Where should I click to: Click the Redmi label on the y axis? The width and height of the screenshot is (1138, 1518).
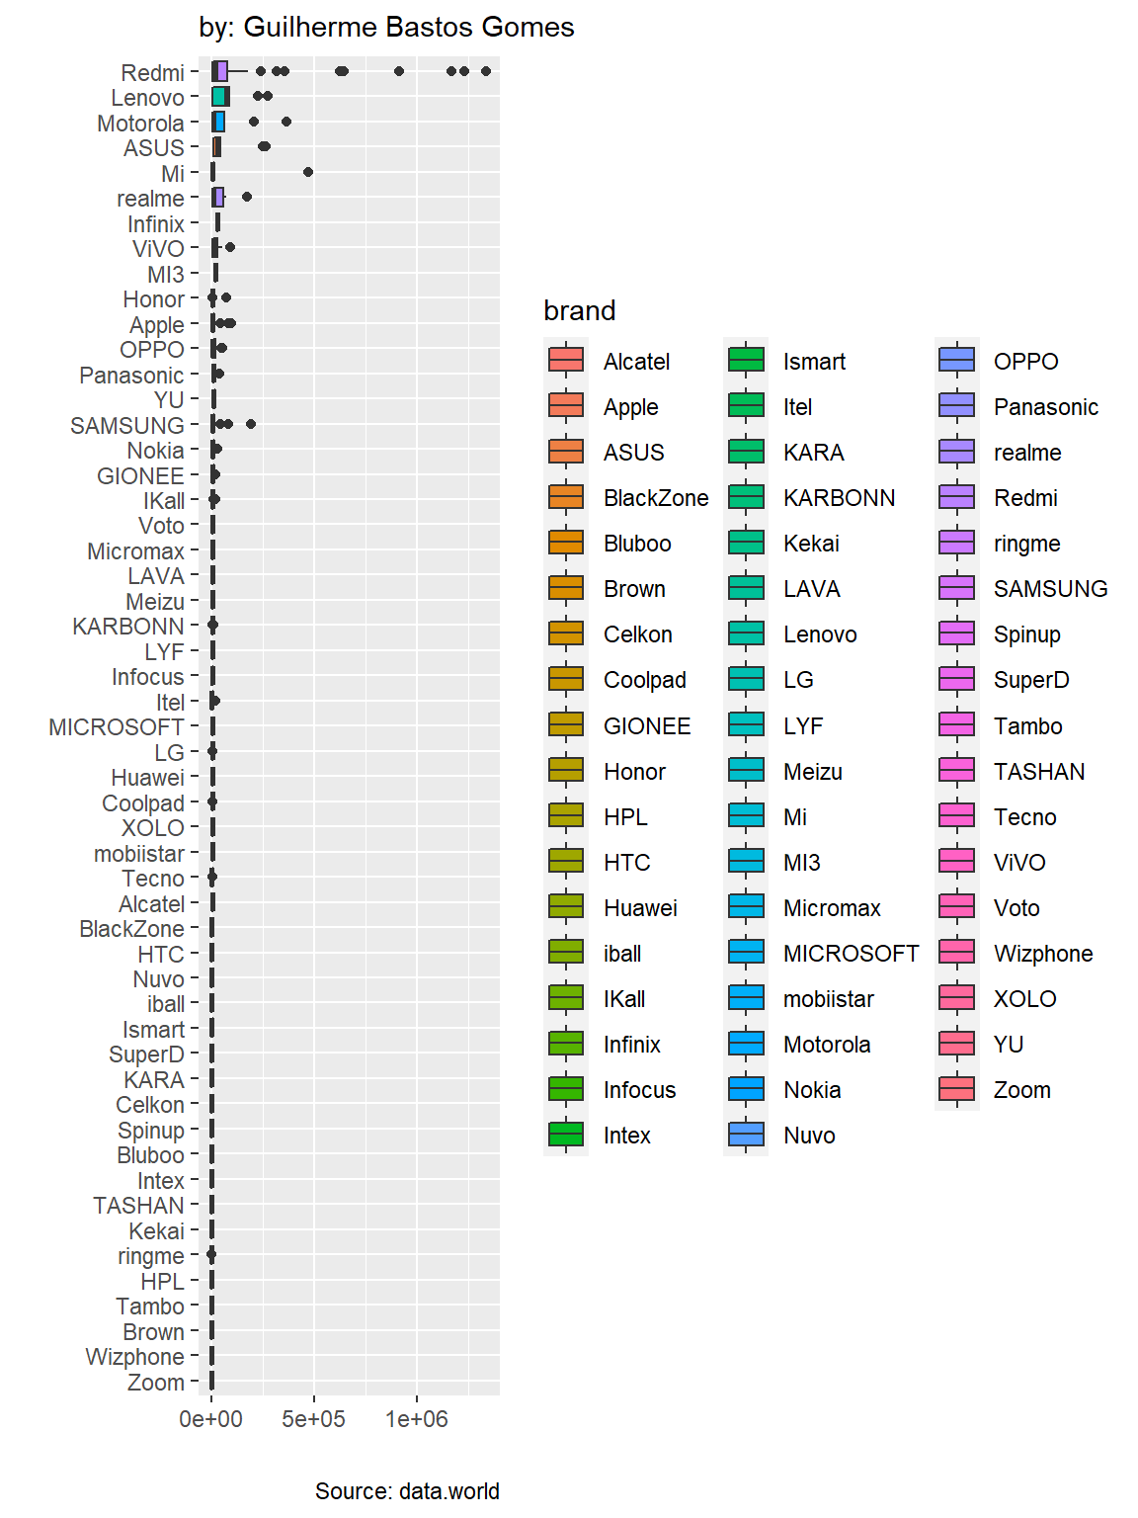pyautogui.click(x=152, y=73)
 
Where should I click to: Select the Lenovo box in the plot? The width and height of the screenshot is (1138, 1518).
pyautogui.click(x=220, y=97)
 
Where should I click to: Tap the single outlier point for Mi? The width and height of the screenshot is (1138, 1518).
pyautogui.click(x=308, y=172)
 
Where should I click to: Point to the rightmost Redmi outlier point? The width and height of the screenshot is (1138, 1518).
pyautogui.click(x=486, y=71)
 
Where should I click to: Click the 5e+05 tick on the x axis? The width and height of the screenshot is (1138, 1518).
pyautogui.click(x=313, y=1419)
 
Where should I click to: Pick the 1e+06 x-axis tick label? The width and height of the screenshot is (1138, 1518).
pyautogui.click(x=416, y=1419)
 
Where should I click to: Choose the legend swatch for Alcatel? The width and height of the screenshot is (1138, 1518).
pyautogui.click(x=566, y=361)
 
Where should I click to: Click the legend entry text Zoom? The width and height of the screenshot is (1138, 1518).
pyautogui.click(x=1021, y=1090)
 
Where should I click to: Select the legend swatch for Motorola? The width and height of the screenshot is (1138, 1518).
pyautogui.click(x=746, y=1045)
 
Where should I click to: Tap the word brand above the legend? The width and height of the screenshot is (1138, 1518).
pyautogui.click(x=580, y=310)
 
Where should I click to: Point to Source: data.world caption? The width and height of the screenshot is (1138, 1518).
pyautogui.click(x=407, y=1490)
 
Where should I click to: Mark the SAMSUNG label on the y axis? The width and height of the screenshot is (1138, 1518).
pyautogui.click(x=127, y=426)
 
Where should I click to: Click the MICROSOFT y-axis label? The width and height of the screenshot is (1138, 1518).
pyautogui.click(x=116, y=727)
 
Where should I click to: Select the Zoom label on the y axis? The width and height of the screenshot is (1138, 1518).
pyautogui.click(x=155, y=1383)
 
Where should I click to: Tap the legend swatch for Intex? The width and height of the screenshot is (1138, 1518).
pyautogui.click(x=566, y=1136)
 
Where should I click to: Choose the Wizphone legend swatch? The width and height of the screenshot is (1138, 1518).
pyautogui.click(x=956, y=954)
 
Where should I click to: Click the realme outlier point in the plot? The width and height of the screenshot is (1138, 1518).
pyautogui.click(x=247, y=197)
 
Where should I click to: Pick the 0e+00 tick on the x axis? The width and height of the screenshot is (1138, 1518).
pyautogui.click(x=210, y=1419)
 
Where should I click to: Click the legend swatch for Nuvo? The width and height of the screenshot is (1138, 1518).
pyautogui.click(x=746, y=1136)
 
